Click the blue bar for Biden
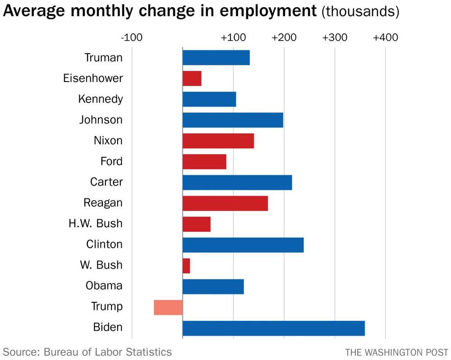pos(273,328)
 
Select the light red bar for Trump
pos(168,307)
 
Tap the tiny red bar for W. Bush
pos(186,266)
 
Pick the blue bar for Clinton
pos(243,245)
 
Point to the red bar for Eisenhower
pos(192,79)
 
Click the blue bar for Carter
pos(237,182)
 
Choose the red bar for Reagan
pos(225,203)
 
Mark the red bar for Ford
pos(204,162)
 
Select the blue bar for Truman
pos(216,58)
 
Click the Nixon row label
pos(108,141)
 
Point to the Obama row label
pos(104,286)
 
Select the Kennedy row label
pos(100,99)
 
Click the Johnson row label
pos(101,120)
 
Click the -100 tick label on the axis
pos(132,37)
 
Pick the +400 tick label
pos(385,37)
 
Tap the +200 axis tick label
pos(284,37)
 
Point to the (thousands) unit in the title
pos(360,12)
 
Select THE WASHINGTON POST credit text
pos(397,352)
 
